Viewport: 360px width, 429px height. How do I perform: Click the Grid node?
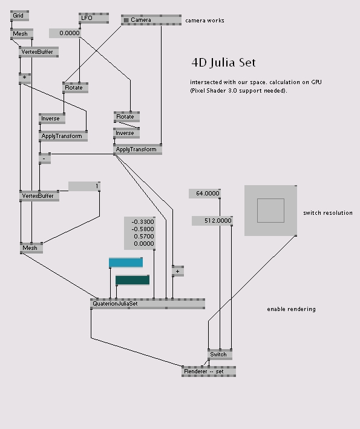(x=19, y=16)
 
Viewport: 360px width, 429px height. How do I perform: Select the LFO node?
(x=94, y=18)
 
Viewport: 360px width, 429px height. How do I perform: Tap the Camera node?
(x=151, y=20)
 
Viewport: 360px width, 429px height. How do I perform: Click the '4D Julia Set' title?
(x=223, y=63)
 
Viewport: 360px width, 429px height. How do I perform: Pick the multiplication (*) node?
(x=25, y=78)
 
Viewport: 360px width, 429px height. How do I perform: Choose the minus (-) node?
(x=45, y=159)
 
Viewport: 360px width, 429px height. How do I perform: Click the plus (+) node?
(x=178, y=271)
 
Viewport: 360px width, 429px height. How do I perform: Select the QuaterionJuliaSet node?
(x=148, y=304)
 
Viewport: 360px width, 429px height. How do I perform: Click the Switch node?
(x=220, y=355)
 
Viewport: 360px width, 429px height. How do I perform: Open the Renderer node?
(x=209, y=372)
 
